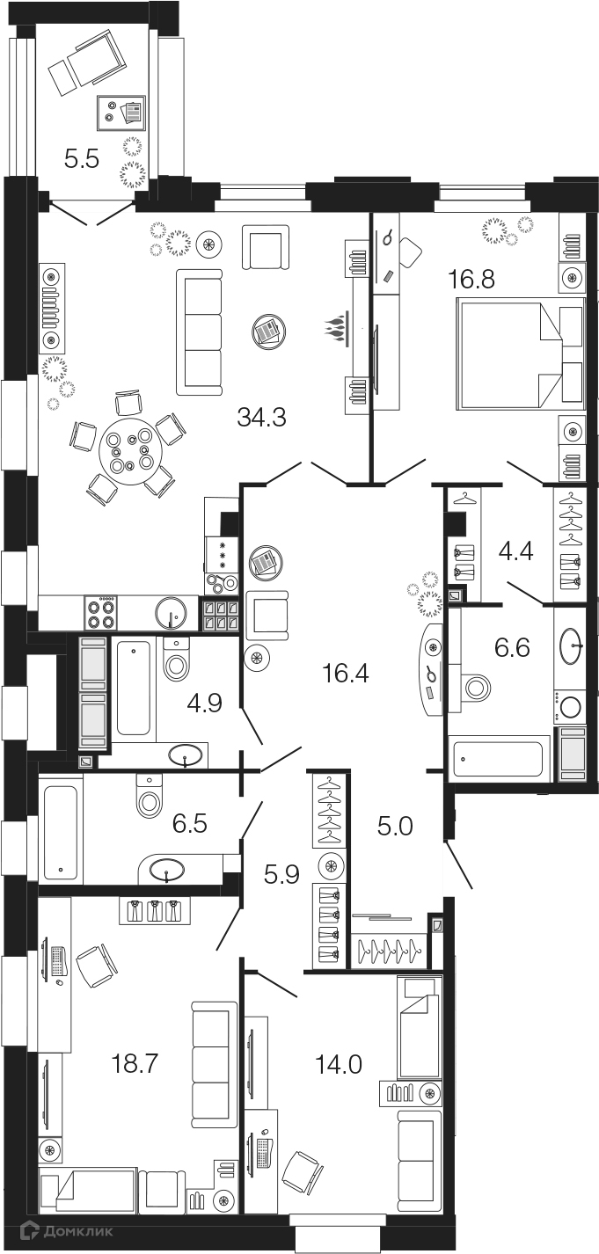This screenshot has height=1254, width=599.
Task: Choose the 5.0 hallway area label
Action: coord(392,826)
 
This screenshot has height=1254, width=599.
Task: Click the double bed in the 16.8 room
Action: coord(520,355)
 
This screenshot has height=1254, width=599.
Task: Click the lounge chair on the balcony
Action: coord(85,62)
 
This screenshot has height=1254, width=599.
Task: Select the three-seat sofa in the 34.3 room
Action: coord(201,332)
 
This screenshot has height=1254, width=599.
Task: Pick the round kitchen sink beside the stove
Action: coord(171,612)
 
